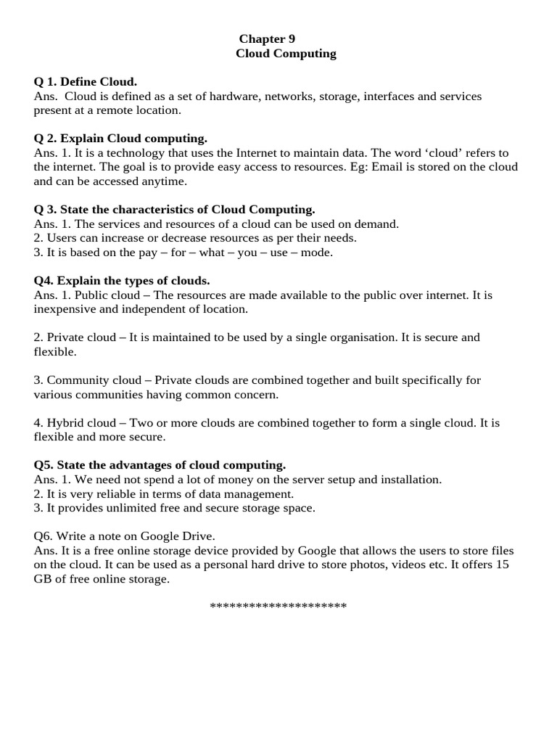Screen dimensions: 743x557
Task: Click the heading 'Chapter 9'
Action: [x=267, y=39]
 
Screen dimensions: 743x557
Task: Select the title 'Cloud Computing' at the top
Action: [x=286, y=54]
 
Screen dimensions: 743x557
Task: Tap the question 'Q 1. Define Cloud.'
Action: [x=86, y=82]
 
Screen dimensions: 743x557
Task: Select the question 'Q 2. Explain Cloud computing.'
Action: [x=120, y=139]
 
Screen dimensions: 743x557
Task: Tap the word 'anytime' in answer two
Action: [x=166, y=181]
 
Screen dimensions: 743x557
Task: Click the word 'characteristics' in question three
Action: [x=137, y=210]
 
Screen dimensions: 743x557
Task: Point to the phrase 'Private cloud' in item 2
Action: [x=81, y=337]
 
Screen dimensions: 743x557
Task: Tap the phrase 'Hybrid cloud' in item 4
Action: [x=78, y=422]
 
